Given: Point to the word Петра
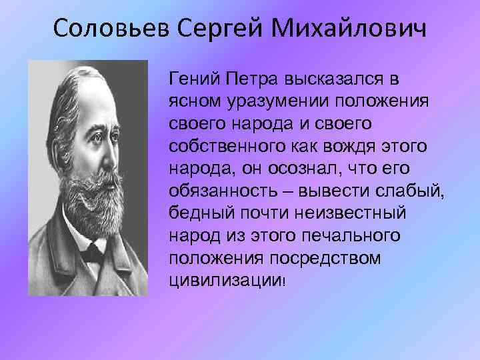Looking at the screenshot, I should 247,80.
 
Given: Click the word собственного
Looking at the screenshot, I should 221,146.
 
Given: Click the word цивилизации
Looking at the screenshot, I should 225,279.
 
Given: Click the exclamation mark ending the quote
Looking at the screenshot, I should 284,281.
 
